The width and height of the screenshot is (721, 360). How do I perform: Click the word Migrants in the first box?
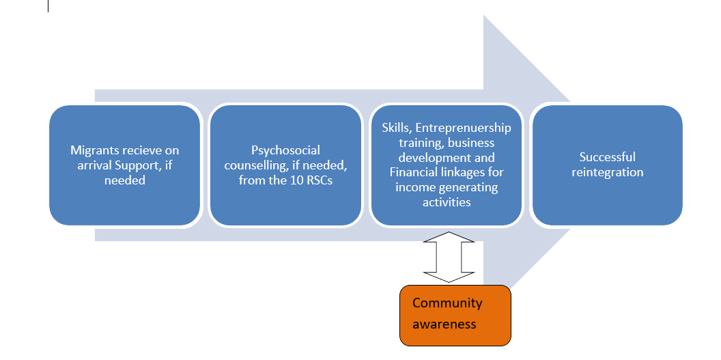pos(94,150)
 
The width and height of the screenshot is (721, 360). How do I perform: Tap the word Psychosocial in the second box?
pos(285,150)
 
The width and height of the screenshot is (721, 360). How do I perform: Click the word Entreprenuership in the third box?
pos(463,128)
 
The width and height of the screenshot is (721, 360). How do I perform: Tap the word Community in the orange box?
pos(447,303)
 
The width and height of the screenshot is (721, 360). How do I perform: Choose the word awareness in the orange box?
pos(444,323)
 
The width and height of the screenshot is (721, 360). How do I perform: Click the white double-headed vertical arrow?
pos(449,256)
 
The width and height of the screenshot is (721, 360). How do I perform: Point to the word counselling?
pos(255,165)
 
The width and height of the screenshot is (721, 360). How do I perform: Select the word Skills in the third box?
pos(393,128)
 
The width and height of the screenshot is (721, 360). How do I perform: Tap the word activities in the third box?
pos(447,202)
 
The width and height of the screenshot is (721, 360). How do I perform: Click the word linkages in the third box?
pos(465,172)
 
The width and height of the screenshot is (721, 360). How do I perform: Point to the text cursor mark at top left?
pos(48,6)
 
